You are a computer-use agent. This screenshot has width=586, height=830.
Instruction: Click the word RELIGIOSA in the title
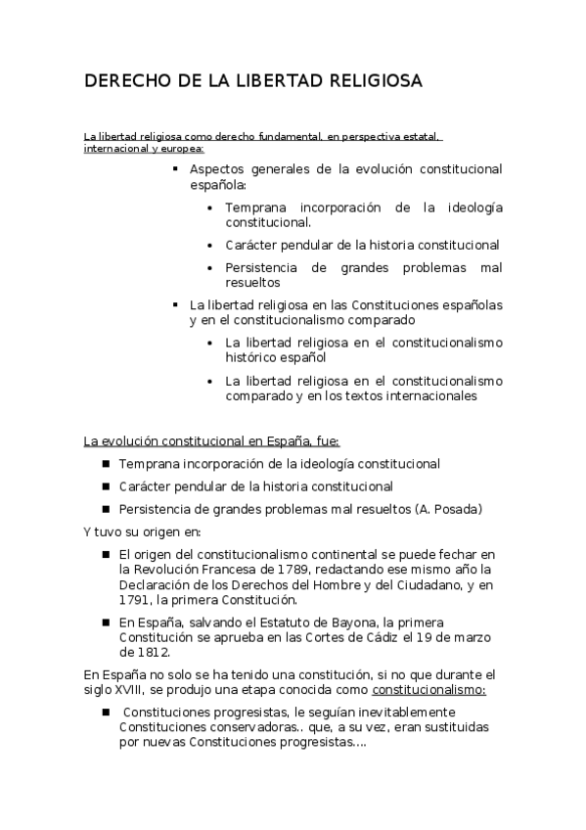[367, 81]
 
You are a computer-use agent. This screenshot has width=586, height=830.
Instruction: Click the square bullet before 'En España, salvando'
[105, 622]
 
